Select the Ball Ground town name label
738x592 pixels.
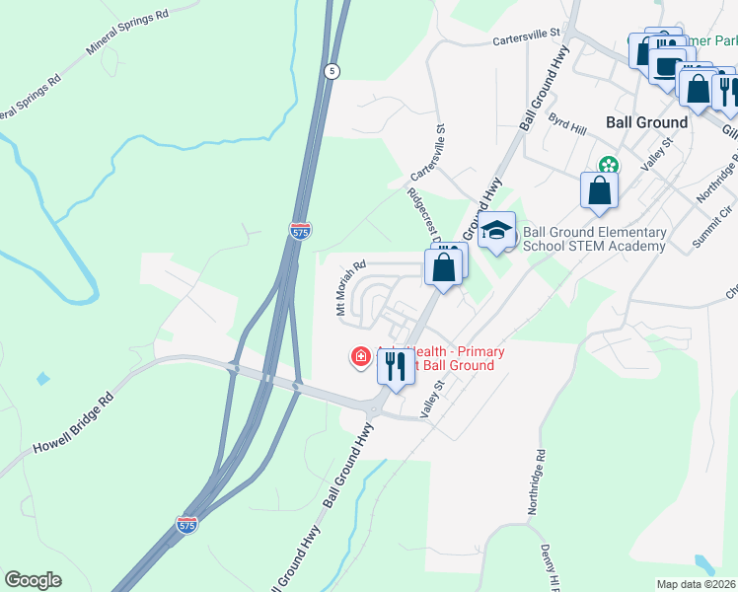pyautogui.click(x=646, y=122)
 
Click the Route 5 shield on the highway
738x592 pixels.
pyautogui.click(x=332, y=71)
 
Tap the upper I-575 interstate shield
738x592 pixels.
pyautogui.click(x=301, y=230)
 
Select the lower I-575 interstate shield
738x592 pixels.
pyautogui.click(x=186, y=524)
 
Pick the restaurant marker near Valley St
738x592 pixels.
pyautogui.click(x=396, y=367)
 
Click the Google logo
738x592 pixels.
pyautogui.click(x=34, y=580)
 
